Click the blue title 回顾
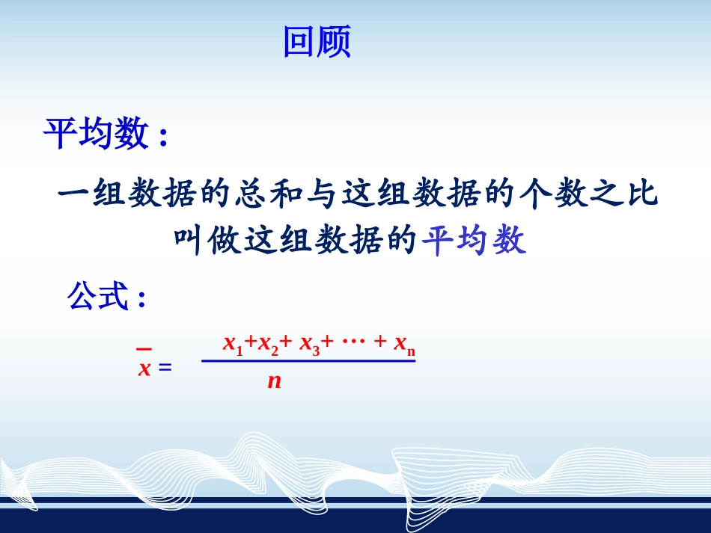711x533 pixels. click(317, 43)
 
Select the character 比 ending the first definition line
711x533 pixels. click(641, 195)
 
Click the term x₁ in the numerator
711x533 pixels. click(233, 344)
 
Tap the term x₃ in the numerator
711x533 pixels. click(309, 344)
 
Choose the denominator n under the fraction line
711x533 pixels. click(274, 381)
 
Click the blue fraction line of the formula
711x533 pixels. click(308, 362)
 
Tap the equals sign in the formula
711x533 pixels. click(165, 368)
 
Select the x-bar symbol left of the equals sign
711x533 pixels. click(144, 365)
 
